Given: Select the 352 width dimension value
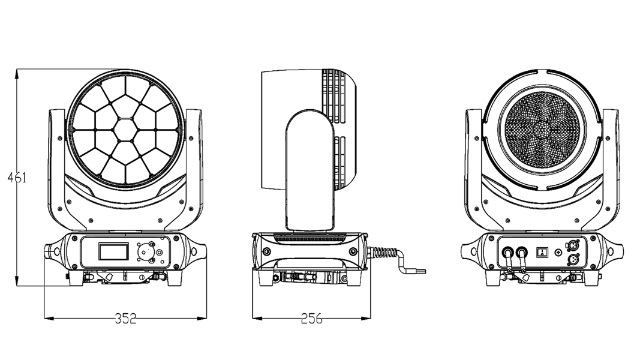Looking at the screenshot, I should [125, 319].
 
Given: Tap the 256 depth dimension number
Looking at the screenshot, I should [310, 319].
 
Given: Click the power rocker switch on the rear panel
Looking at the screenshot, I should [543, 251].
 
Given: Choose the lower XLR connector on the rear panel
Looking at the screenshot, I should [568, 258].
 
